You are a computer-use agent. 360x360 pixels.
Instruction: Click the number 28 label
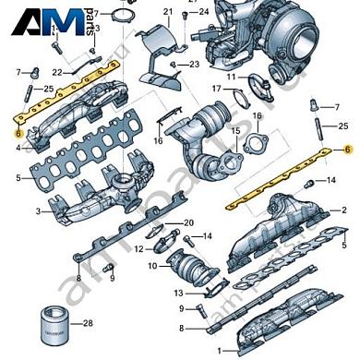[x=89, y=323]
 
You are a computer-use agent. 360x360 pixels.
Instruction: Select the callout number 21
[x=168, y=12]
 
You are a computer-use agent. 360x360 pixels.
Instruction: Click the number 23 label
[x=194, y=64]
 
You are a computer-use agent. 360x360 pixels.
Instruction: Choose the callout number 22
[x=56, y=72]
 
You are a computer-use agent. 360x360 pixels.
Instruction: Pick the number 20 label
[x=188, y=223]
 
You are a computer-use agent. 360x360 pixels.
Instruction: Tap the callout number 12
[x=138, y=249]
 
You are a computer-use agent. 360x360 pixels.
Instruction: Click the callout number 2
[x=344, y=210]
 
